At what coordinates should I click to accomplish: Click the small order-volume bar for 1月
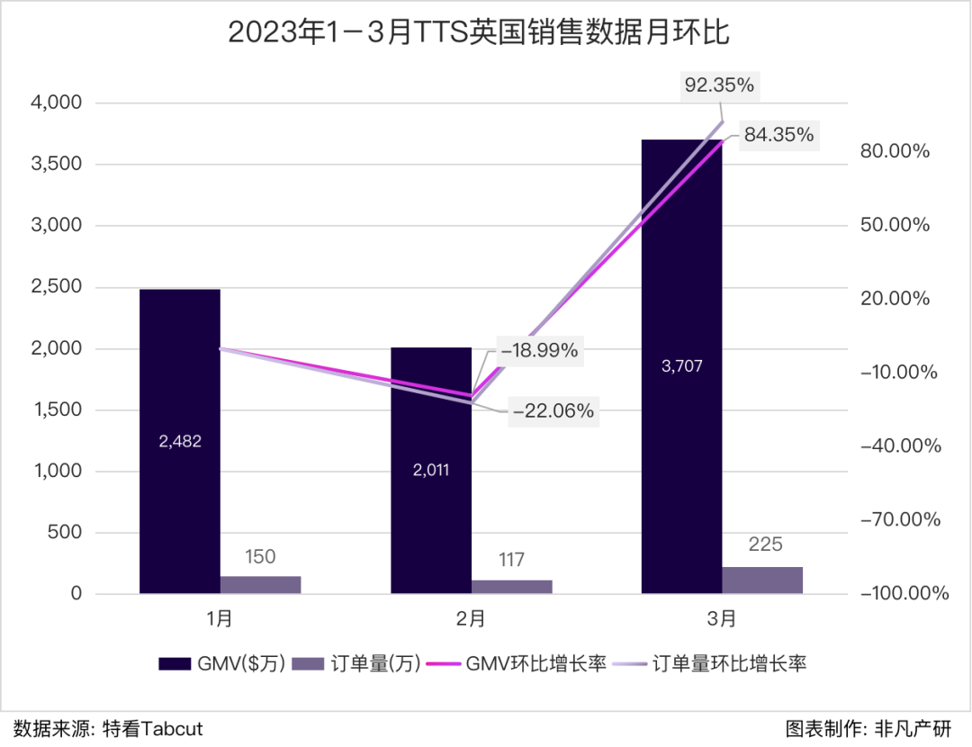[260, 584]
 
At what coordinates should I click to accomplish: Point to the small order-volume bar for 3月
[761, 580]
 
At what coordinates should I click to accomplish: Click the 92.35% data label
[719, 86]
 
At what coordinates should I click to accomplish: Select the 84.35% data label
[778, 136]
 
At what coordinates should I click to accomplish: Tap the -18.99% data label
[539, 350]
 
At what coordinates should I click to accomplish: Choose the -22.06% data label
[553, 411]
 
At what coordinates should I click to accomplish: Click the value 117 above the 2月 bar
[511, 560]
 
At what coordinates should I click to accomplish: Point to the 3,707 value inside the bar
[681, 365]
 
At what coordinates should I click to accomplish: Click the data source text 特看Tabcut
[153, 728]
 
